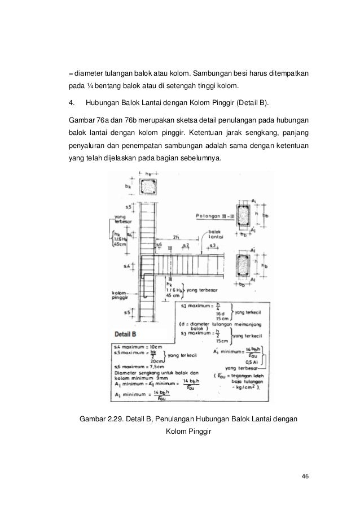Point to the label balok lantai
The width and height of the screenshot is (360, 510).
(215, 236)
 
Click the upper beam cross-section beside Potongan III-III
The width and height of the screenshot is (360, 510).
(242, 217)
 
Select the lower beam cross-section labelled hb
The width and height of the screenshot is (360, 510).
(242, 264)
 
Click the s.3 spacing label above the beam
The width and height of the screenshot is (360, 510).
(213, 245)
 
